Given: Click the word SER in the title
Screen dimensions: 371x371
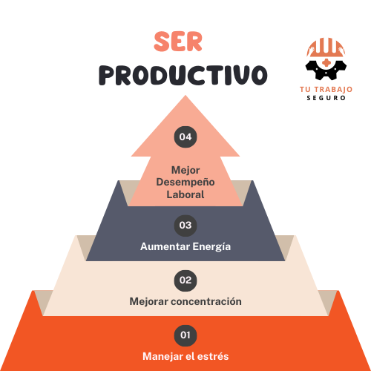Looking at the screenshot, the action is pos(178,42).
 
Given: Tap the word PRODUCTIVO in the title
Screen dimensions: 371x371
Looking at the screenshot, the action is pos(183,75).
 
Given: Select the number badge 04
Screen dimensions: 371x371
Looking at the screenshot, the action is pos(185,137).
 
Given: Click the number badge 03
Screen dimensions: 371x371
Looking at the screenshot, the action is pos(185,226).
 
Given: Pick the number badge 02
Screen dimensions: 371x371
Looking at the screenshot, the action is pos(185,280).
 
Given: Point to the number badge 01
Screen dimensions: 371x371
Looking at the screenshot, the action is pos(185,335).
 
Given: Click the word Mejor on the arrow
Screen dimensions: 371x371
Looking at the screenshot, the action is pos(185,171).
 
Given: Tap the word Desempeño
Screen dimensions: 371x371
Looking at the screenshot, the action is pos(185,183).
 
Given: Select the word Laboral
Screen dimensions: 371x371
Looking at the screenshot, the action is pos(185,194).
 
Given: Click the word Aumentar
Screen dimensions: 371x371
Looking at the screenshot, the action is pos(165,246).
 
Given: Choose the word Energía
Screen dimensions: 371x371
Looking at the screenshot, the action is pos(211,247).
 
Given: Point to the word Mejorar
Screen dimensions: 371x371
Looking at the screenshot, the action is pos(149,302).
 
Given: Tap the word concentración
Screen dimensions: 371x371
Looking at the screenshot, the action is pos(206,301).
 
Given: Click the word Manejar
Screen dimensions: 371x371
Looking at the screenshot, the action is pos(162,357).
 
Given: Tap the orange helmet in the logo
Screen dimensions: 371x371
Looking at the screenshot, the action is pos(326,47).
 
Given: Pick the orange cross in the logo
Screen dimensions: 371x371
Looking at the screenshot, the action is pos(326,63).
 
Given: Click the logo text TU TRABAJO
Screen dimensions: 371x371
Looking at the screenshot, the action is pos(326,89).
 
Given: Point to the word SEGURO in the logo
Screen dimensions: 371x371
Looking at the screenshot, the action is pos(326,98).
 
